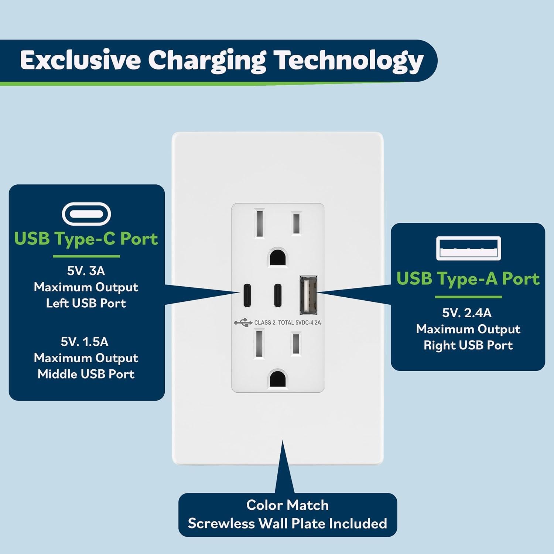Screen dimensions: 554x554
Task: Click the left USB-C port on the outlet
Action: pyautogui.click(x=246, y=295)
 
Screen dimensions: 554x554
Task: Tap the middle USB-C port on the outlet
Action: pyautogui.click(x=277, y=295)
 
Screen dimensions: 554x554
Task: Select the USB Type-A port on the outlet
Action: pyautogui.click(x=308, y=295)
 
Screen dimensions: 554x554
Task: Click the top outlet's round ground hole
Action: pyautogui.click(x=278, y=257)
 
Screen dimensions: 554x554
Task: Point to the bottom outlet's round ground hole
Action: pyautogui.click(x=278, y=378)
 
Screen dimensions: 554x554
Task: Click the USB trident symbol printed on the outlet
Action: pyautogui.click(x=243, y=323)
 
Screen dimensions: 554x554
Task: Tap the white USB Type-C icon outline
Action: pyautogui.click(x=86, y=214)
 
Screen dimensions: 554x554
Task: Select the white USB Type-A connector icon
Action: pyautogui.click(x=468, y=249)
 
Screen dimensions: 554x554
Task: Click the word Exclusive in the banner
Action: pyautogui.click(x=80, y=60)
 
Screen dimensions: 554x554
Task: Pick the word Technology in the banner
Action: pyautogui.click(x=348, y=61)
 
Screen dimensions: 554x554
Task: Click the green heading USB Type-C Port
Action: pyautogui.click(x=86, y=239)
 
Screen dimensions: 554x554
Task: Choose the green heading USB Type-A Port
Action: pyautogui.click(x=468, y=279)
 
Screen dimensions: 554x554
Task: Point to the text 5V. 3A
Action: pyautogui.click(x=86, y=271)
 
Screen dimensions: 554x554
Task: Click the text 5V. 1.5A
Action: pyautogui.click(x=85, y=342)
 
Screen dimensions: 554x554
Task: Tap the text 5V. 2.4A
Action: pyautogui.click(x=467, y=313)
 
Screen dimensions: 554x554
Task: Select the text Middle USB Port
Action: pyautogui.click(x=86, y=374)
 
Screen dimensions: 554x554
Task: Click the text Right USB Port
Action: pyautogui.click(x=468, y=345)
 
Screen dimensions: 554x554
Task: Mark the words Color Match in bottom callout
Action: pyautogui.click(x=287, y=505)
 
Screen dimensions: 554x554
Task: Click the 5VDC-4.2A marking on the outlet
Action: pyautogui.click(x=308, y=323)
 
